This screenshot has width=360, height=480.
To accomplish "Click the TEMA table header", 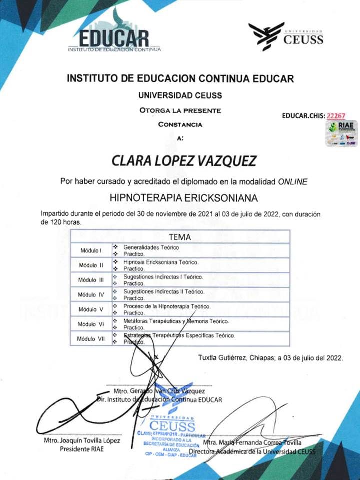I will click(x=180, y=237).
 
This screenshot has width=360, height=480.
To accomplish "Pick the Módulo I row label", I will click(x=91, y=250).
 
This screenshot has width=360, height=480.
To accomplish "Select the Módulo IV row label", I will click(x=91, y=294).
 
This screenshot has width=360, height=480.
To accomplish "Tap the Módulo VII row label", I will click(x=91, y=339).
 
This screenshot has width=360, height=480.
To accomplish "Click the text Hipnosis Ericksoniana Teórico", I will click(x=161, y=262).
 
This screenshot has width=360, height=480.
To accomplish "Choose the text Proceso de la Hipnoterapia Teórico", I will click(x=167, y=306).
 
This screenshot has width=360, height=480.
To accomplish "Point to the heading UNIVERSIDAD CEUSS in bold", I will click(x=180, y=95).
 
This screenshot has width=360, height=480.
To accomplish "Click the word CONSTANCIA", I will click(x=180, y=124).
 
